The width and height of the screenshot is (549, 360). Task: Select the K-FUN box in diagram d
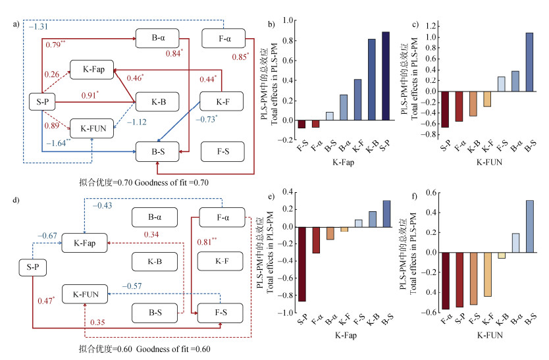(x=84, y=295)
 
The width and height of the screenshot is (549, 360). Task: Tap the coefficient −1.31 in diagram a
(x=36, y=26)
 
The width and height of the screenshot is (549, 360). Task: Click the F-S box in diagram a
(x=222, y=151)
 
